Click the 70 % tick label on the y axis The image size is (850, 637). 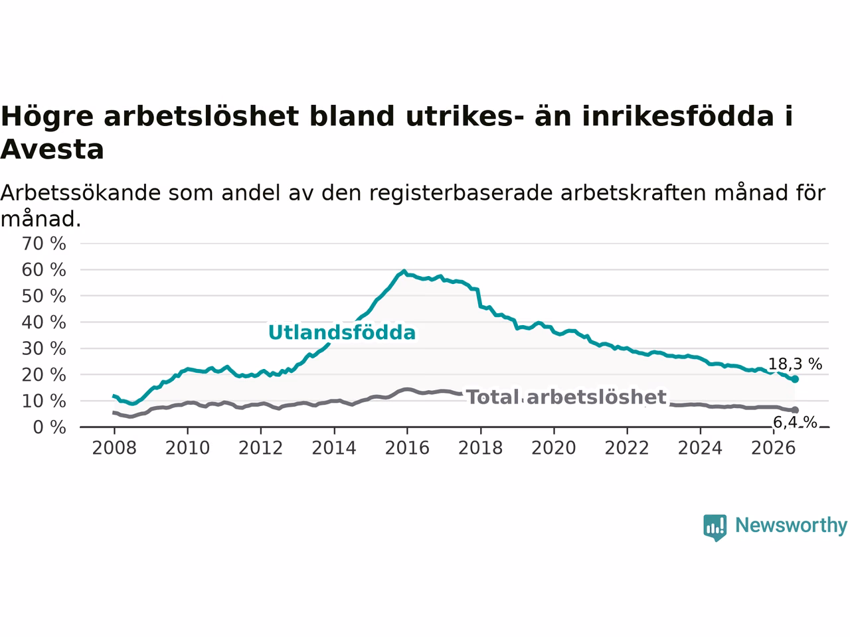(44, 244)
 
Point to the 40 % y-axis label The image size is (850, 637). (44, 322)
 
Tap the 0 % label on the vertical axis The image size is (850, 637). (50, 427)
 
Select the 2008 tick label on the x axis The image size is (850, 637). (114, 449)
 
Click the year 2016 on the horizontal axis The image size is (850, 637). (407, 449)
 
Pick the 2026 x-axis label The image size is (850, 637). (774, 449)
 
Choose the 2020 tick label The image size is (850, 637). (554, 449)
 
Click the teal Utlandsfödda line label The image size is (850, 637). (342, 332)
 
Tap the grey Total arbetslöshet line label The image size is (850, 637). (566, 397)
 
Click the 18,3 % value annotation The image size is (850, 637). (795, 364)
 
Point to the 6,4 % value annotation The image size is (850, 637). (795, 423)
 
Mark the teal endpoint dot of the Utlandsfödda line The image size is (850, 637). (795, 380)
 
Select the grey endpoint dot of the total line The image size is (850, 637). (795, 410)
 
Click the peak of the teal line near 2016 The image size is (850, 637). (404, 271)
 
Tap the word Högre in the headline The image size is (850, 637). (47, 117)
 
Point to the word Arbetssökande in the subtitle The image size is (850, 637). (80, 192)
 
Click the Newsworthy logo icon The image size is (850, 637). (715, 528)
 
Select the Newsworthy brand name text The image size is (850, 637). (791, 526)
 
